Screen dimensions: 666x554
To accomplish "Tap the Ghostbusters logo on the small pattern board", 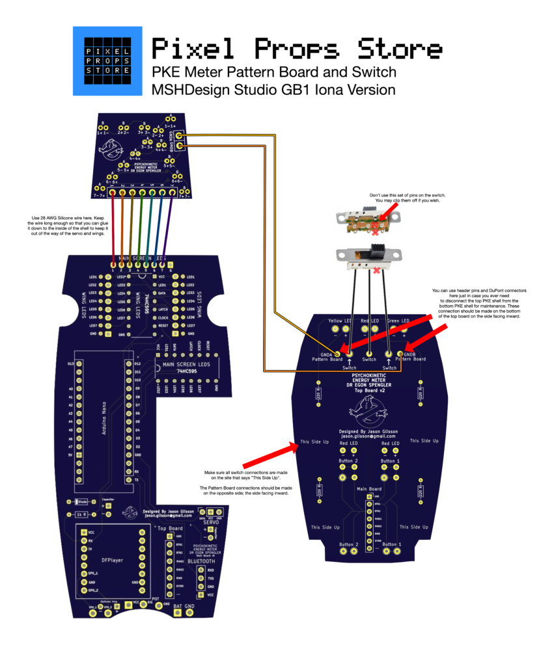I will pos(115,147).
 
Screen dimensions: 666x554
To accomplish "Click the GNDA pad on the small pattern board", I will pos(178,136).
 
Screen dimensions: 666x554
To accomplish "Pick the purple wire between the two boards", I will pos(171,228).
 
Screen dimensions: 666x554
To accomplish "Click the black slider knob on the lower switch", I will pos(377,249).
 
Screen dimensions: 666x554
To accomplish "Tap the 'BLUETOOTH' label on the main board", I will pos(204,560).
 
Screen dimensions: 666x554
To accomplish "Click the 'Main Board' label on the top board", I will pos(369,488).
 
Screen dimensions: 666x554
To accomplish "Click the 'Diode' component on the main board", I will pos(83,501).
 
